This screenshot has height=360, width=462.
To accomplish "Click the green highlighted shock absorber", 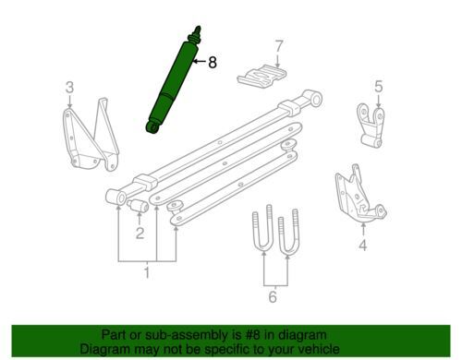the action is click(174, 82).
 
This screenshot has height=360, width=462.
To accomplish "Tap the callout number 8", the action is click(213, 63).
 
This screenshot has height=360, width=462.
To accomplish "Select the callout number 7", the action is click(278, 46).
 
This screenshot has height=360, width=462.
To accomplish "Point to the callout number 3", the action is click(70, 87).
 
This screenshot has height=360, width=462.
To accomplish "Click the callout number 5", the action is click(379, 86).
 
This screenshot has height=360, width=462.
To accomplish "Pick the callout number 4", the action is click(363, 246).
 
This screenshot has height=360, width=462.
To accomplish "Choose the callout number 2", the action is click(140, 233).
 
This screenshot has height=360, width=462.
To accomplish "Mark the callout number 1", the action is click(147, 272).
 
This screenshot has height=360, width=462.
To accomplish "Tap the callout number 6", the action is click(273, 296).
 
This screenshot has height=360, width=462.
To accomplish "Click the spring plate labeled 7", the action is click(261, 77).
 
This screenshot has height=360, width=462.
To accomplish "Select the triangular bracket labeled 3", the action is click(91, 135).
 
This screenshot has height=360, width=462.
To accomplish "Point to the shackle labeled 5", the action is click(371, 126).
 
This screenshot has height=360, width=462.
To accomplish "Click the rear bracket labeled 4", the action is click(359, 195).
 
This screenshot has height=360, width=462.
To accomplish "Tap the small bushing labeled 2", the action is click(138, 206).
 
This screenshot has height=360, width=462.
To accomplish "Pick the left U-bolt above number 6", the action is click(262, 229).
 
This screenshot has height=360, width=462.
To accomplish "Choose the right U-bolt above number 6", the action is click(288, 233).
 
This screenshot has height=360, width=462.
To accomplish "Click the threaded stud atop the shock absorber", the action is click(197, 31).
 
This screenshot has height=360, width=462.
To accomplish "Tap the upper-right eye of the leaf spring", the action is click(313, 98).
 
